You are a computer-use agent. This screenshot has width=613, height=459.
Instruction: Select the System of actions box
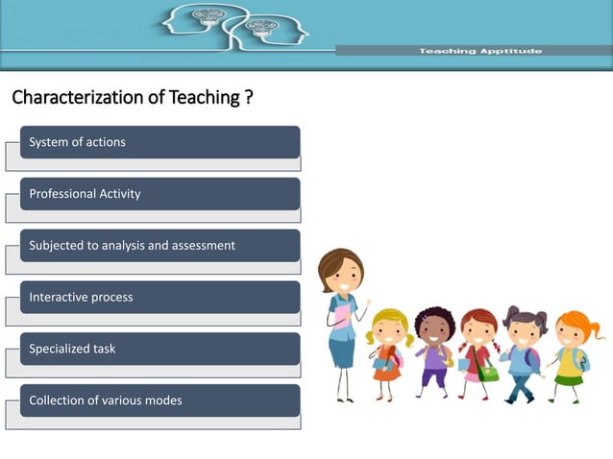point(159,142)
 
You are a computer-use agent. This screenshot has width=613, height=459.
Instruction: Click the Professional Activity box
point(159,194)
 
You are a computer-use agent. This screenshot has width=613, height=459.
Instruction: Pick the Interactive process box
point(159,298)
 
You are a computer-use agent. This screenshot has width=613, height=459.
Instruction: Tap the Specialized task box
point(159,350)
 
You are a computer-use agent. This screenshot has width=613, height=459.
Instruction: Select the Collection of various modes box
point(159,400)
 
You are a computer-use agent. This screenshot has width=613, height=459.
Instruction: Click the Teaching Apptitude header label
point(479,51)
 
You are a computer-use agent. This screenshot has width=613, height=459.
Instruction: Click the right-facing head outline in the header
point(274,29)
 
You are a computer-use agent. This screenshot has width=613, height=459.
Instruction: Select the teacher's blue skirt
point(342,351)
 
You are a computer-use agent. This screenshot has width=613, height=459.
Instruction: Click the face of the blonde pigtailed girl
point(389,332)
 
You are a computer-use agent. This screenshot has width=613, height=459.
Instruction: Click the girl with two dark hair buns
point(525,331)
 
